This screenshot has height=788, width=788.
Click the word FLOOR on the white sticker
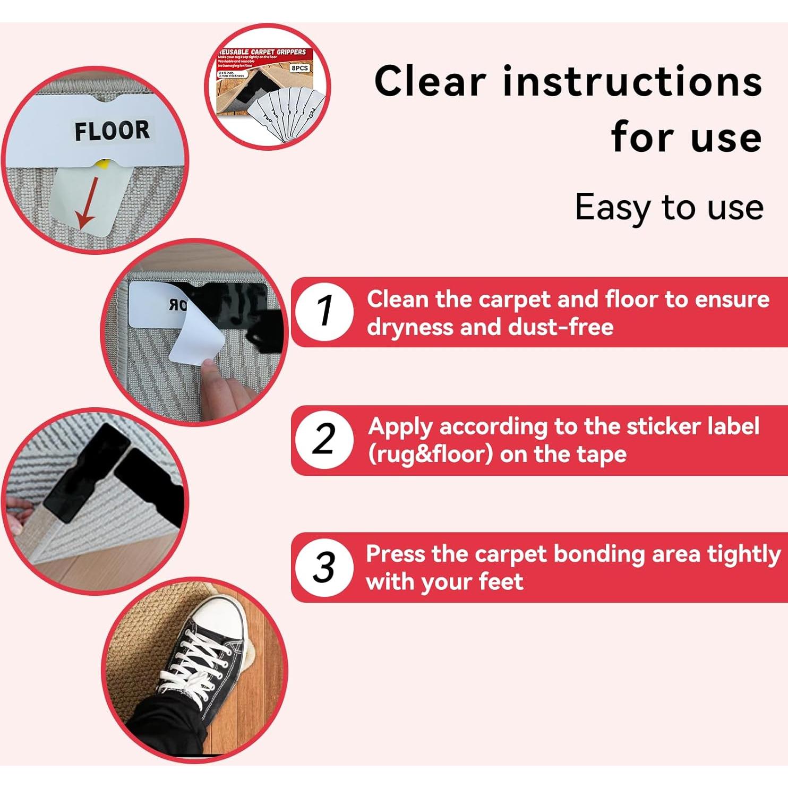click(112, 131)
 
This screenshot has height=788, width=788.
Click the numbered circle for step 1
click(323, 311)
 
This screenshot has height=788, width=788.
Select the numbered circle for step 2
click(323, 440)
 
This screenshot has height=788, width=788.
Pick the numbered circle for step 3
click(323, 567)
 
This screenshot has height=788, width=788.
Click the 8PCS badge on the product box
click(299, 68)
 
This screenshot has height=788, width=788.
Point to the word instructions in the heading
click(632, 82)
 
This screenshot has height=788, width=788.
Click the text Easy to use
click(669, 207)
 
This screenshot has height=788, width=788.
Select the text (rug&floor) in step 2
click(430, 455)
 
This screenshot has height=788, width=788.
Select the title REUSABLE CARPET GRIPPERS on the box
click(263, 52)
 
